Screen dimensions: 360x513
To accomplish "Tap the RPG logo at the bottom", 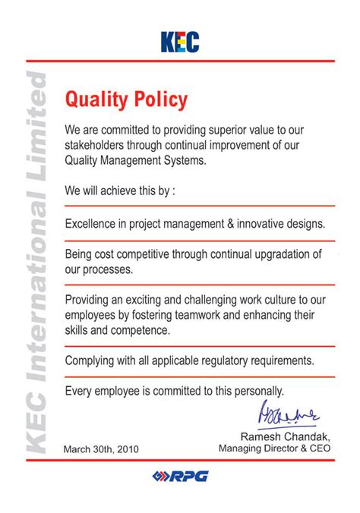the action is pyautogui.click(x=180, y=476).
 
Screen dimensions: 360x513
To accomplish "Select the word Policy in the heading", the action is pyautogui.click(x=159, y=99).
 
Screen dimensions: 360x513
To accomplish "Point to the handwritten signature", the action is pyautogui.click(x=291, y=414).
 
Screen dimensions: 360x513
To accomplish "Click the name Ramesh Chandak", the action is pyautogui.click(x=286, y=436).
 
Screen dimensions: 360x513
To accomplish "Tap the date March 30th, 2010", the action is pyautogui.click(x=102, y=449).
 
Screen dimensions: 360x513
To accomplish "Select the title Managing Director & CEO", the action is pyautogui.click(x=275, y=448).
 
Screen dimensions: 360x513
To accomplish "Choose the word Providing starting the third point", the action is pyautogui.click(x=90, y=299).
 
